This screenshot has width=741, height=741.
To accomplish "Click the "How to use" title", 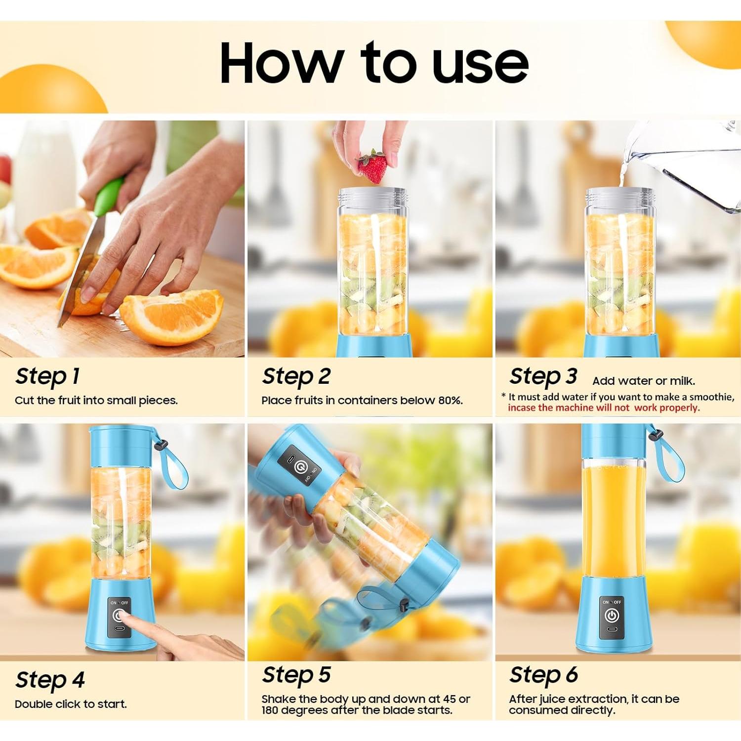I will coord(374,63).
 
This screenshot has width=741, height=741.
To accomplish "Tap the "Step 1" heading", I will coord(47,377).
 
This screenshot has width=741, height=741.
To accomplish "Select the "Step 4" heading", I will coord(50,680).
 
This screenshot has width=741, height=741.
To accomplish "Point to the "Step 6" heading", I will coord(543,675).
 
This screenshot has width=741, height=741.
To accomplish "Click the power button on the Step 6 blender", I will coord(612,616).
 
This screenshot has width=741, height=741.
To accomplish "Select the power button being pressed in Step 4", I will coord(119,616).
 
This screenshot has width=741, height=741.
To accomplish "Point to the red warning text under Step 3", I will coord(604,408).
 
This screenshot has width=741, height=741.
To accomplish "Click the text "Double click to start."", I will coord(71,704).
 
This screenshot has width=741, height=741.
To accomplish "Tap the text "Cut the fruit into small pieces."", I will coord(96,401).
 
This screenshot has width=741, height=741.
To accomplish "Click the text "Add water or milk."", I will coord(643,381).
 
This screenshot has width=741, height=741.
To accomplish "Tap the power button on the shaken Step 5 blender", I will coord(299,467).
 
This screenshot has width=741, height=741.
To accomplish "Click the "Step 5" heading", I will coord(296,675).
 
